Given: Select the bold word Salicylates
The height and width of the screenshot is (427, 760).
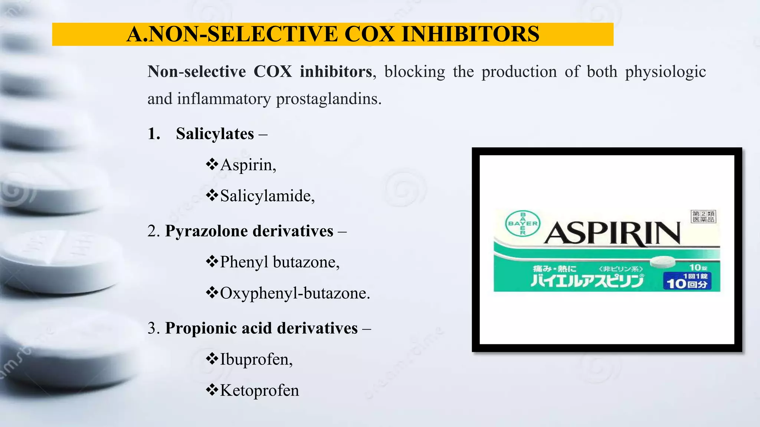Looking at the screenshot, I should click(x=215, y=134).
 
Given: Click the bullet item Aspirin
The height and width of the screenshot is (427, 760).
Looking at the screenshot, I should click(x=248, y=165).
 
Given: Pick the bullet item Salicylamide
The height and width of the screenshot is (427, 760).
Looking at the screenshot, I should click(x=267, y=196).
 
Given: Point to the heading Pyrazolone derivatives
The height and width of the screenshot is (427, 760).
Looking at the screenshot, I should click(x=249, y=231).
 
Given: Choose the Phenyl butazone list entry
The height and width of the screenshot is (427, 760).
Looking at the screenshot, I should click(x=279, y=262).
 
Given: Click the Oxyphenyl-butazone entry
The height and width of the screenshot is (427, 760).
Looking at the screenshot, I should click(x=295, y=293).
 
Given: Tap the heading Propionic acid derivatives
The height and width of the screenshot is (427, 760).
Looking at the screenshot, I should click(x=261, y=328).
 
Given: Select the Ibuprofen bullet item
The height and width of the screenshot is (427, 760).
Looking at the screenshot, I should click(x=256, y=359).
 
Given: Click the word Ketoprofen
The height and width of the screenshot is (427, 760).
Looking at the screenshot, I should click(x=259, y=390).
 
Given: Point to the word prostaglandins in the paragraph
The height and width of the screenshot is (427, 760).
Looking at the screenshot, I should click(x=328, y=99).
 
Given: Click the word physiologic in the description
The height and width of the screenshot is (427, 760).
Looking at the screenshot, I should click(x=665, y=72).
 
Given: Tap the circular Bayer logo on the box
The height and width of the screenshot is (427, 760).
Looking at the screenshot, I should click(x=523, y=223).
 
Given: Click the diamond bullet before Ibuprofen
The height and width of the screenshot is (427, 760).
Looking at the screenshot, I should click(x=212, y=359).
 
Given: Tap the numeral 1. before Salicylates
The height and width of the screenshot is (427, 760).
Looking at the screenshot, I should click(x=154, y=134).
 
